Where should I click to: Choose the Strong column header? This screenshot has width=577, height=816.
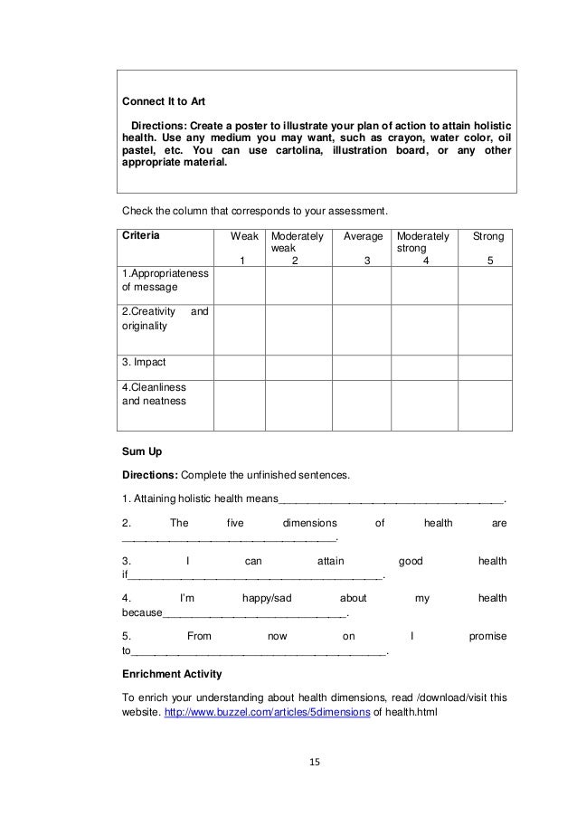coord(488,235)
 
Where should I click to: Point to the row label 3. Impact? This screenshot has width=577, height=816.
coord(145,362)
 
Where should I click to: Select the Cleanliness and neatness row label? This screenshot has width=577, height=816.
coord(154,394)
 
